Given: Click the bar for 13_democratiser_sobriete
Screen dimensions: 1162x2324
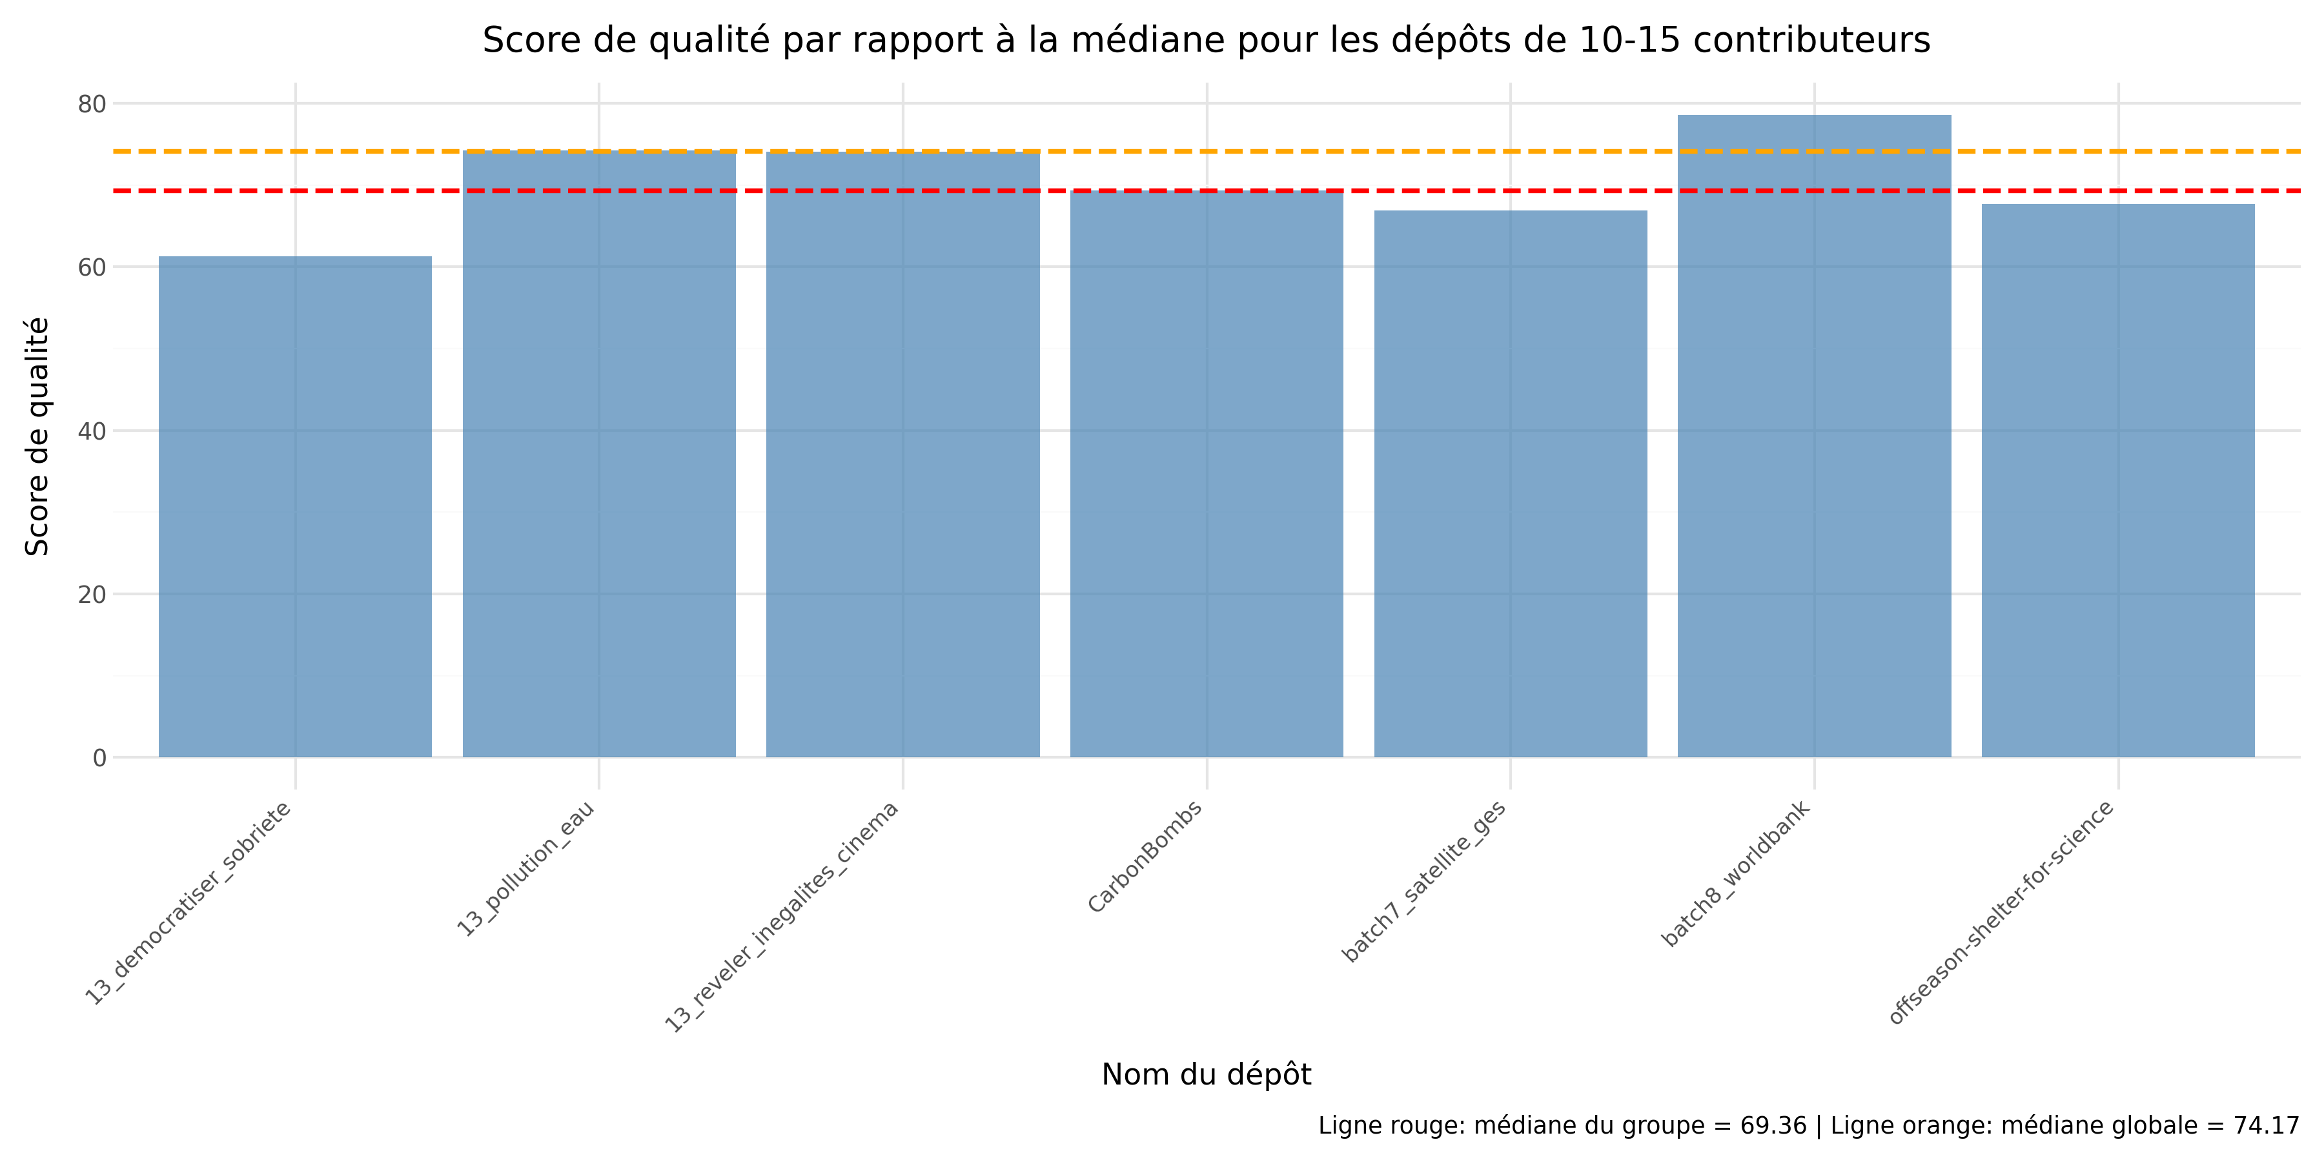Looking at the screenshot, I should (295, 507).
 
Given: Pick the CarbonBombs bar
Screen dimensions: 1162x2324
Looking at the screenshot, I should (1206, 474).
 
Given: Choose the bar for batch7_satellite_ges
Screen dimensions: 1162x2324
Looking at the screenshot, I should (1510, 484).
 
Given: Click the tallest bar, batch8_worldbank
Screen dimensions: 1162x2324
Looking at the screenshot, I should (1814, 436).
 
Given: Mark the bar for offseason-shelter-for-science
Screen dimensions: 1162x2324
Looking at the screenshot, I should (2117, 481).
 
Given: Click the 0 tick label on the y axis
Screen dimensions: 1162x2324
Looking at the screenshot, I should (99, 759).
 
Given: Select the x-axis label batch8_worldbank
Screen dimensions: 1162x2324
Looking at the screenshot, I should (1737, 873).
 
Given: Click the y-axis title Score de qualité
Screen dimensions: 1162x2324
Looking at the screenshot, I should (37, 436).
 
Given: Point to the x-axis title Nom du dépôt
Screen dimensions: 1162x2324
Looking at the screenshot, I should (1206, 1074).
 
